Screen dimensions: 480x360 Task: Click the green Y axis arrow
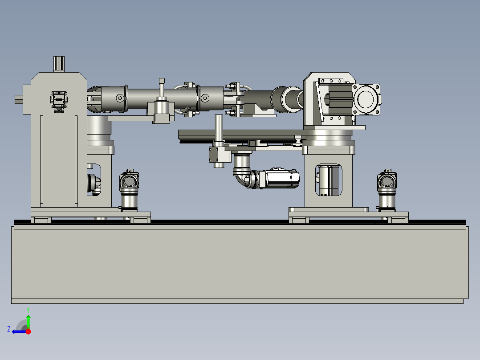click(x=28, y=322)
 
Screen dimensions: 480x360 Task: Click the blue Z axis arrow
click(x=19, y=332)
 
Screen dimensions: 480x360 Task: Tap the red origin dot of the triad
click(x=28, y=331)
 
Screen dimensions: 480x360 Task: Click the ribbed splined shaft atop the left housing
click(x=59, y=64)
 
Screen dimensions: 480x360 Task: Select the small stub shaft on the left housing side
click(x=19, y=99)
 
